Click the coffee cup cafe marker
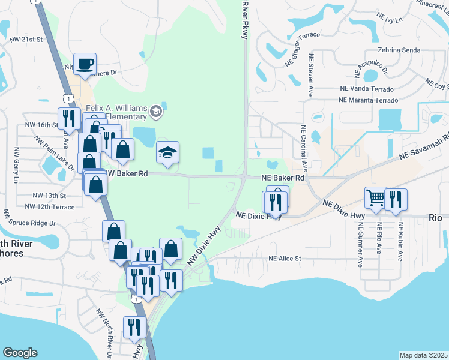point(85,64)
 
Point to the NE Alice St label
point(284,259)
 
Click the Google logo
point(20,353)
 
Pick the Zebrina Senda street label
point(399,50)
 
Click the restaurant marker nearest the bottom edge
point(133,327)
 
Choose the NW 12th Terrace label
point(50,207)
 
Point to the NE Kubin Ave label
point(400,242)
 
